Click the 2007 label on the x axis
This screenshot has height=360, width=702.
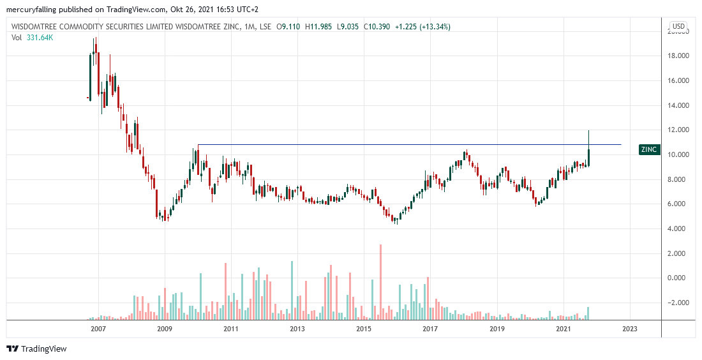tap(98, 329)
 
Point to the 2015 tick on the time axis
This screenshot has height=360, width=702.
tap(364, 329)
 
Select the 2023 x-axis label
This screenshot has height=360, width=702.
tap(629, 329)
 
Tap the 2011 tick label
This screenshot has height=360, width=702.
tap(230, 329)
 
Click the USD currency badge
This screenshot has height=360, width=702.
tap(678, 27)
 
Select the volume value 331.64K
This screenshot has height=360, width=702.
tap(40, 38)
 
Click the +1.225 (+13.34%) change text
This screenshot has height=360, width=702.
tap(421, 27)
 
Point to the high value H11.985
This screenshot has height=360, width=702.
tap(321, 27)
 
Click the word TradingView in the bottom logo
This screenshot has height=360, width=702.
tap(43, 349)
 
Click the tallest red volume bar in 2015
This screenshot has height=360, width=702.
tap(380, 281)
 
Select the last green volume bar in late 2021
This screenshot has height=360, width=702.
tap(588, 313)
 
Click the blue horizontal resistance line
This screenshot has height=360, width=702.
tap(408, 145)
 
